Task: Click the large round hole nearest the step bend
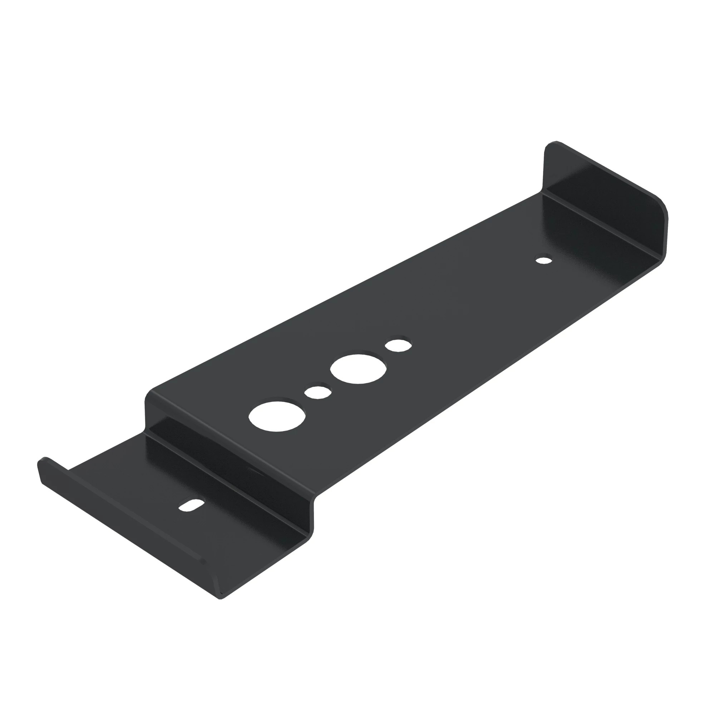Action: [277, 416]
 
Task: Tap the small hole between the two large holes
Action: [317, 392]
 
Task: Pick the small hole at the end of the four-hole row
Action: [398, 345]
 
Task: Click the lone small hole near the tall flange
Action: [544, 260]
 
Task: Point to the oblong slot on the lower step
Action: [191, 505]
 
